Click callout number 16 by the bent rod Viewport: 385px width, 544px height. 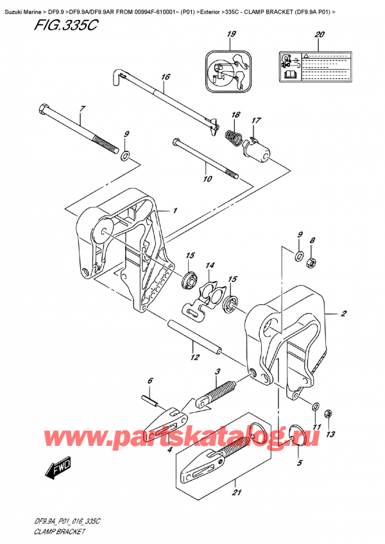pos(166,77)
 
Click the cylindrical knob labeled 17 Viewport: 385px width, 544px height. pos(260,151)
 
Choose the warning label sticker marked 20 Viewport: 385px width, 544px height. pos(320,65)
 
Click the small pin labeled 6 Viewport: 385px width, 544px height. pos(151,403)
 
